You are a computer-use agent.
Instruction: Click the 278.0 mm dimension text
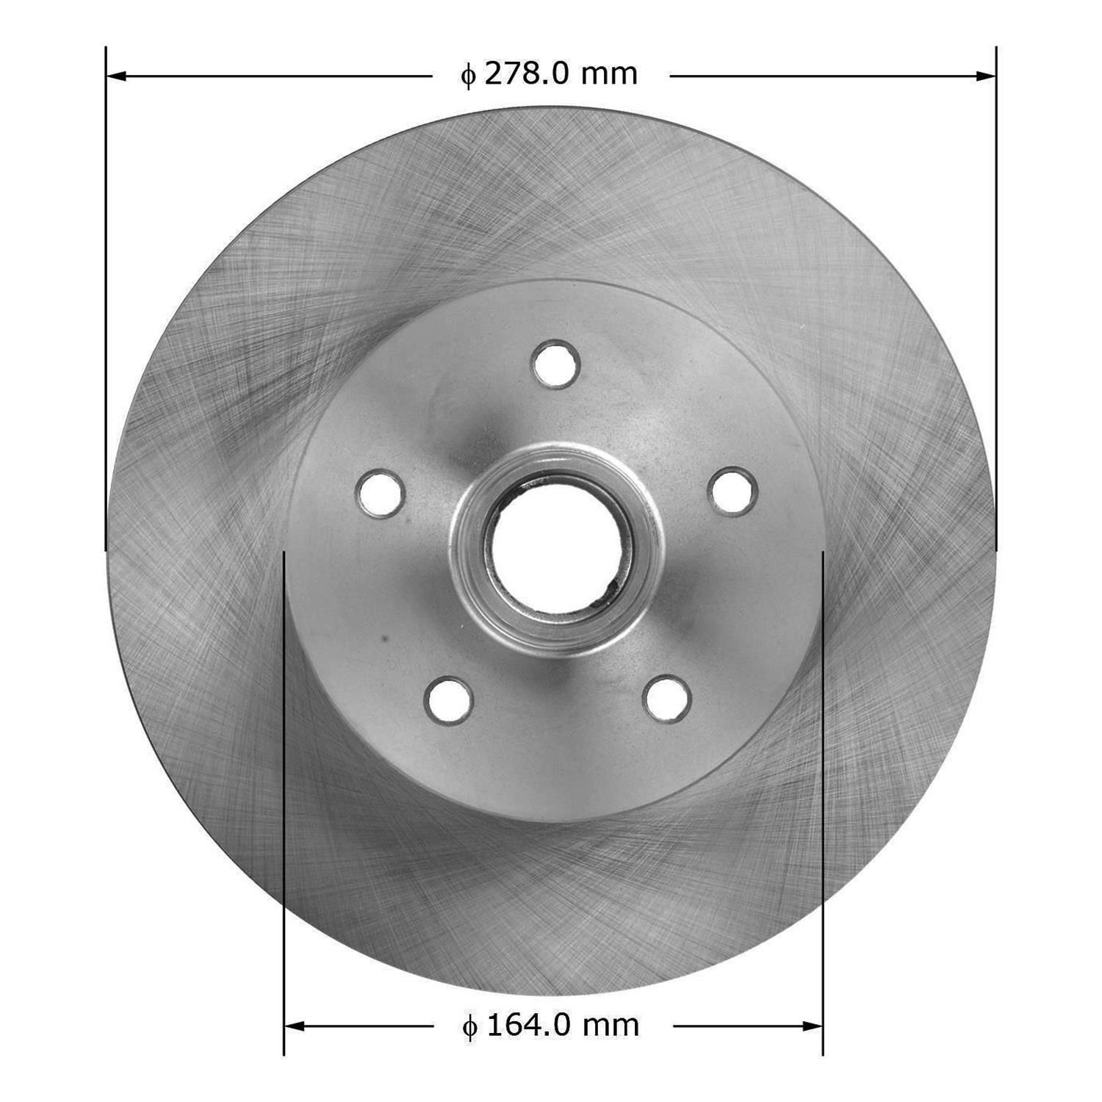click(550, 74)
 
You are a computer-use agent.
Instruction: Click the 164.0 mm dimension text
click(551, 1025)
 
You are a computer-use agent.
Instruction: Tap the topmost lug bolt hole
click(557, 364)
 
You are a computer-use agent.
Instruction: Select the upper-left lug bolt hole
click(381, 493)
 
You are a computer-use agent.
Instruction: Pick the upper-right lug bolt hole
click(732, 490)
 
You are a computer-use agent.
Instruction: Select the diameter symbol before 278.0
click(468, 76)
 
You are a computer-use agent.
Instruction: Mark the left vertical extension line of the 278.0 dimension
click(106, 294)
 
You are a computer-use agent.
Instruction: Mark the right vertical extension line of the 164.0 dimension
click(823, 808)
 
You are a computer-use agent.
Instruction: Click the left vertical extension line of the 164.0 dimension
click(284, 808)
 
